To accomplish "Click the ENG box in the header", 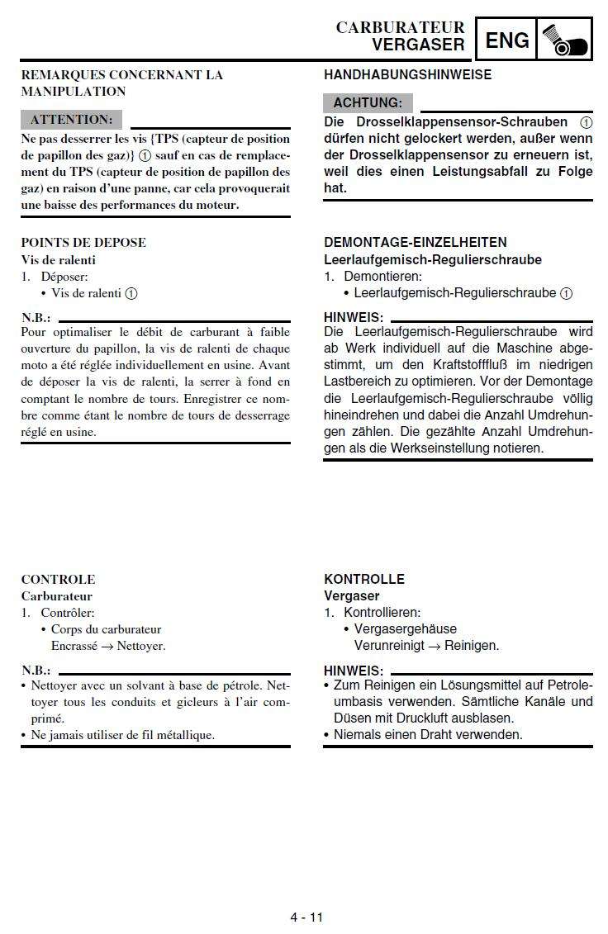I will coord(507,40).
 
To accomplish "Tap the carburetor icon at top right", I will coord(566,40).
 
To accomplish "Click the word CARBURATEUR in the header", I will coord(400,27).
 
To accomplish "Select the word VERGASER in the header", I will coord(418,45).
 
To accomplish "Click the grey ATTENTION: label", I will coord(71,120).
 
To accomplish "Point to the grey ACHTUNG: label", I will coord(368,103).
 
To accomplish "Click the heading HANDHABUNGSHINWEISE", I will coord(407,74).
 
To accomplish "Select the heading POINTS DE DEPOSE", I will coord(83,242).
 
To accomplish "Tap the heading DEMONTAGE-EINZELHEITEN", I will coord(416,242).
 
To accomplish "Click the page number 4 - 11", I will coord(306,917).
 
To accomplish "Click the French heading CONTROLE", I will coord(58,579).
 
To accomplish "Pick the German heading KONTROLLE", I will coord(364,579).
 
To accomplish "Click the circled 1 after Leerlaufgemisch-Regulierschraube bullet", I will coord(566,293).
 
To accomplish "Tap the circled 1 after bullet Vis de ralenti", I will coord(131,293).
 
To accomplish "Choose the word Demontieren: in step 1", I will coord(382,277).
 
